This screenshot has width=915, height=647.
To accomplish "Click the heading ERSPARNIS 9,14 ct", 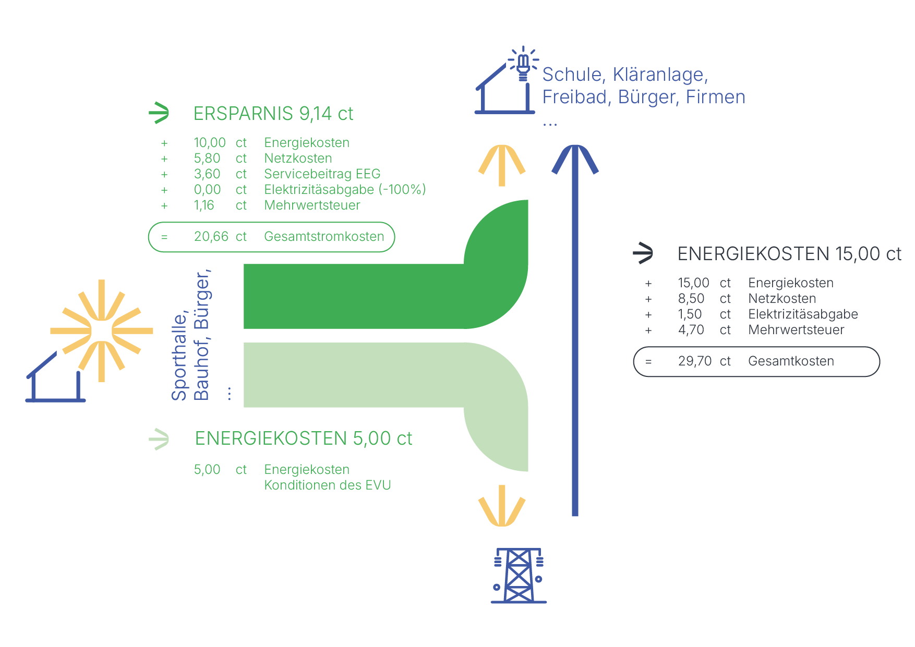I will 273,114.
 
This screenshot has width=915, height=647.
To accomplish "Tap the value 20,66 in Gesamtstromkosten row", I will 211,237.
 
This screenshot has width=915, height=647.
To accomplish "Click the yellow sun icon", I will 102,331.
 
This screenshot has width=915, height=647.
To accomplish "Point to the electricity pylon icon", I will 519,576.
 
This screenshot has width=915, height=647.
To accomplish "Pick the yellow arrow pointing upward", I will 502,164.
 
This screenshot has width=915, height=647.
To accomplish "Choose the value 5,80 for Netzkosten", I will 207,158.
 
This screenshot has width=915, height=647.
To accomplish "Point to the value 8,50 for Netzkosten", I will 691,299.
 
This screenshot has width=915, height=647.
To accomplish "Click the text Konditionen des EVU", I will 327,485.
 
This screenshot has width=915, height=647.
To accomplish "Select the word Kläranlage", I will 660,75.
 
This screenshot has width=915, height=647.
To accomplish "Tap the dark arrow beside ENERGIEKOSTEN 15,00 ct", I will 643,253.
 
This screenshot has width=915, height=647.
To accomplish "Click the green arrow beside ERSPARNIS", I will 159,113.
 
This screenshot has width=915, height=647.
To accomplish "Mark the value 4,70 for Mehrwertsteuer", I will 691,330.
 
